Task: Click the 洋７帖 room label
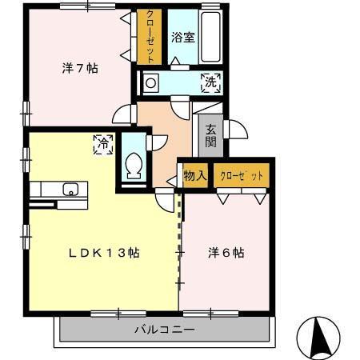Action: click(x=80, y=69)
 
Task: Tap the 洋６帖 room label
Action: click(x=227, y=253)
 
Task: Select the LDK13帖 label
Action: click(x=104, y=253)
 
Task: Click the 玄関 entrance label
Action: click(x=210, y=135)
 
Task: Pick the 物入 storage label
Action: click(x=195, y=175)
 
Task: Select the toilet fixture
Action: click(x=134, y=165)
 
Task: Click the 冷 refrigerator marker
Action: click(x=103, y=145)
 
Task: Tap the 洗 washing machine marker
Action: click(x=211, y=82)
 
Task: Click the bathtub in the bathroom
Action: click(x=209, y=38)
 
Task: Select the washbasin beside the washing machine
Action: click(x=153, y=82)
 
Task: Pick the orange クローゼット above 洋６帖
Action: click(x=241, y=175)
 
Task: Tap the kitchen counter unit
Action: click(x=61, y=192)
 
